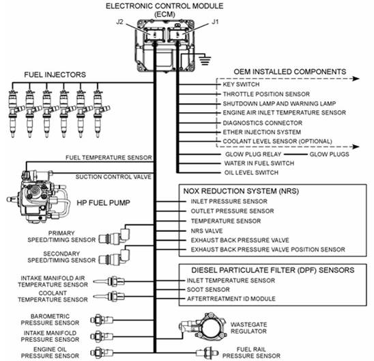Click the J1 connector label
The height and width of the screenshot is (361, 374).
point(215,22)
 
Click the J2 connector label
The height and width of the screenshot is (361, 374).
point(119,22)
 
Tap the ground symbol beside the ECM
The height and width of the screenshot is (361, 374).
point(205,59)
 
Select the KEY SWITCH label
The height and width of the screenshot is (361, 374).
point(241,84)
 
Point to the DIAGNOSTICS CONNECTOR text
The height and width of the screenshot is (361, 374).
point(262,123)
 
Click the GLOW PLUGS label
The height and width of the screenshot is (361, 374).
point(329,155)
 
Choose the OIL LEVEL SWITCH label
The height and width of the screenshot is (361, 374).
point(251,172)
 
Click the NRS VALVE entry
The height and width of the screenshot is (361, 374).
point(207,231)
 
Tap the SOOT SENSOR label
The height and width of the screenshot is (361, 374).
point(208,290)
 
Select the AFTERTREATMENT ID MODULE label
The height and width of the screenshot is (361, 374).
point(231,299)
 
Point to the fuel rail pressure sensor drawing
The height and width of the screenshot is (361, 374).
point(207,352)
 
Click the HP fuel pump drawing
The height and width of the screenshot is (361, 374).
point(38,196)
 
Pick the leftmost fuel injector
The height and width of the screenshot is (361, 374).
point(13,113)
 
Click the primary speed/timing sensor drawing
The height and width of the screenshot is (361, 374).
point(115,237)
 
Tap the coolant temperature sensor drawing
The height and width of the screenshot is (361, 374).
point(109,297)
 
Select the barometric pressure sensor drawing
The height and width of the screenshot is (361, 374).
point(102,320)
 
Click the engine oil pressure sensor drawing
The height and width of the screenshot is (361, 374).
point(102,352)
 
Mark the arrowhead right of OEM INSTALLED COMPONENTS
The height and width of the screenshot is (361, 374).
point(356,79)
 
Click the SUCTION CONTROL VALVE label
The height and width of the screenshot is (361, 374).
point(113,177)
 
